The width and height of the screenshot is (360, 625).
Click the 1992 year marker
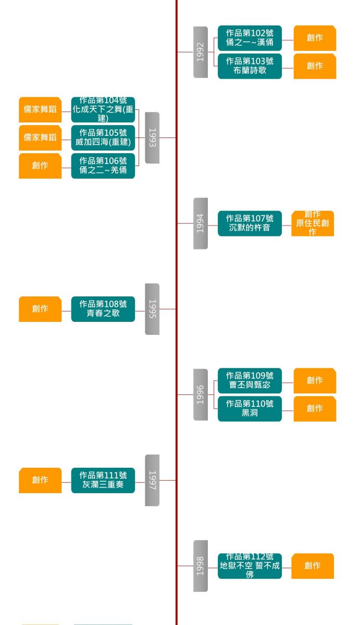click(x=201, y=52)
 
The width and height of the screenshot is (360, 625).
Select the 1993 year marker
click(x=152, y=137)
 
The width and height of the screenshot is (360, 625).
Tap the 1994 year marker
click(x=201, y=223)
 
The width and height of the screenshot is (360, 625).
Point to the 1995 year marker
click(x=152, y=309)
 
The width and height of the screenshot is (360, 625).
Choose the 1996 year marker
click(x=201, y=395)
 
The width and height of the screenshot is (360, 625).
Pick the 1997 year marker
click(x=152, y=480)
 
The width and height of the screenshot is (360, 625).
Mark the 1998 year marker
click(x=201, y=566)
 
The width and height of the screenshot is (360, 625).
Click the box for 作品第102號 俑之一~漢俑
click(x=250, y=38)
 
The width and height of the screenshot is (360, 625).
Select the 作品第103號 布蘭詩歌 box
click(x=250, y=66)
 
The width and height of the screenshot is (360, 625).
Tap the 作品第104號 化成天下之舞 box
click(x=103, y=109)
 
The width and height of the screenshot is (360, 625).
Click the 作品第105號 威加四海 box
click(x=103, y=137)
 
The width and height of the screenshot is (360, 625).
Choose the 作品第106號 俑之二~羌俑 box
click(x=103, y=166)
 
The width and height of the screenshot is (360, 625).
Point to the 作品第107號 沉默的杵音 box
click(x=250, y=223)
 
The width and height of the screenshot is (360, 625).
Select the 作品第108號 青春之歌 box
click(x=103, y=309)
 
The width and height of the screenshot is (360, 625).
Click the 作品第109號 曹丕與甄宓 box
click(x=250, y=381)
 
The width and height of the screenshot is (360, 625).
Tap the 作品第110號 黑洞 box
click(x=250, y=409)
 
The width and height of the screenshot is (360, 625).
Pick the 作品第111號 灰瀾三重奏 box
click(x=103, y=480)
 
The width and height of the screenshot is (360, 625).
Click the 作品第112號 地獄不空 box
click(x=250, y=566)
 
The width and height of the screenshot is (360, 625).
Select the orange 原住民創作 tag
click(x=313, y=223)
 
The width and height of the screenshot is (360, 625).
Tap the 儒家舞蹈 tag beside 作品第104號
click(x=40, y=109)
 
